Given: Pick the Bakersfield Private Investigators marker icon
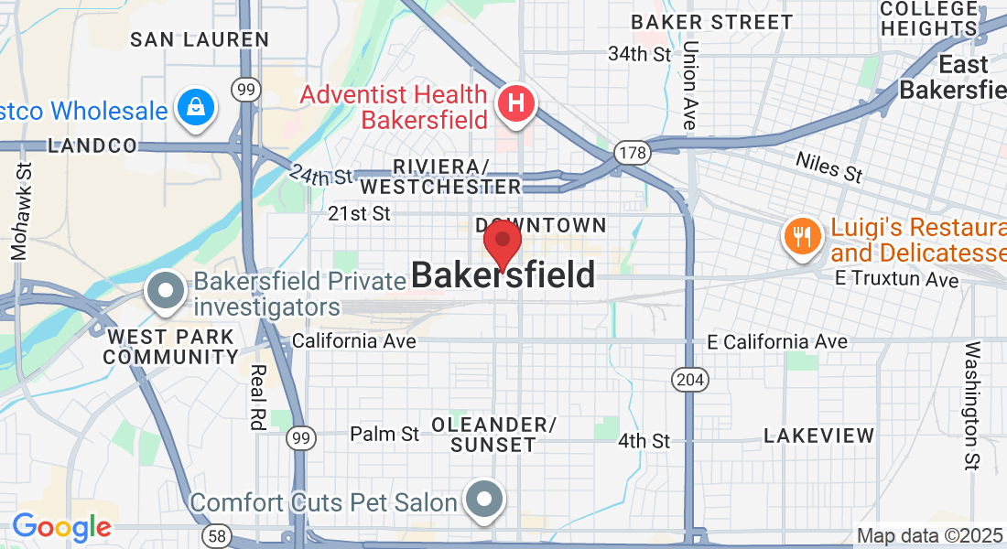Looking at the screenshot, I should pos(166,291).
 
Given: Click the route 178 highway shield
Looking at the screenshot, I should pos(633,152).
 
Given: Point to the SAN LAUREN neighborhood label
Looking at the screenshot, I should pos(200,39).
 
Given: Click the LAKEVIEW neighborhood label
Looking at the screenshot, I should pos(819,436).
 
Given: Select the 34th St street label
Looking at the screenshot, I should pos(640,54).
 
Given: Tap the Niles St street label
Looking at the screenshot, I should pos(828,167).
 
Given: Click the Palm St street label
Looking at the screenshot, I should pos(384,434).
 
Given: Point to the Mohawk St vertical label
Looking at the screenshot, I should pos(21,210).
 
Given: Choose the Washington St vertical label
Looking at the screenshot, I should pos(972,405).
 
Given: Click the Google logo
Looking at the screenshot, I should pos(61,527).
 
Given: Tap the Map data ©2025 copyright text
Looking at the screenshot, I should pos(929,535).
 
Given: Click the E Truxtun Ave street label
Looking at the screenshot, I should pos(896,280).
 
